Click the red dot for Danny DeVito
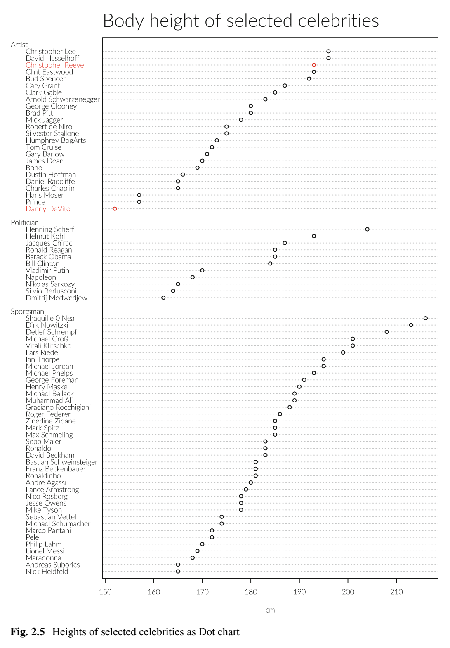click(x=115, y=209)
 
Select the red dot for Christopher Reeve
click(x=314, y=65)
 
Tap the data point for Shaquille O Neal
click(x=426, y=318)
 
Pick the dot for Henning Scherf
click(x=368, y=229)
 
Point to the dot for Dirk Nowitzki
click(x=411, y=325)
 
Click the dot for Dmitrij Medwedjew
click(x=163, y=298)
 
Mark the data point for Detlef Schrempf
click(x=387, y=332)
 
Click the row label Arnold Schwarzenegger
click(x=63, y=99)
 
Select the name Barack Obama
click(x=48, y=257)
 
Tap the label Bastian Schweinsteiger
click(x=61, y=462)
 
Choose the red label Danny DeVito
click(x=48, y=209)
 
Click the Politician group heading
click(x=25, y=222)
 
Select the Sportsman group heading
click(x=27, y=312)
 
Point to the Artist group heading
click(x=19, y=45)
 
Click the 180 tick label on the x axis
click(x=251, y=592)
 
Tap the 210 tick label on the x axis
click(x=396, y=592)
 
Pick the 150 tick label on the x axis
click(x=105, y=592)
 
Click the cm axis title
click(x=270, y=610)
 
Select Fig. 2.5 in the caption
click(x=27, y=631)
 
